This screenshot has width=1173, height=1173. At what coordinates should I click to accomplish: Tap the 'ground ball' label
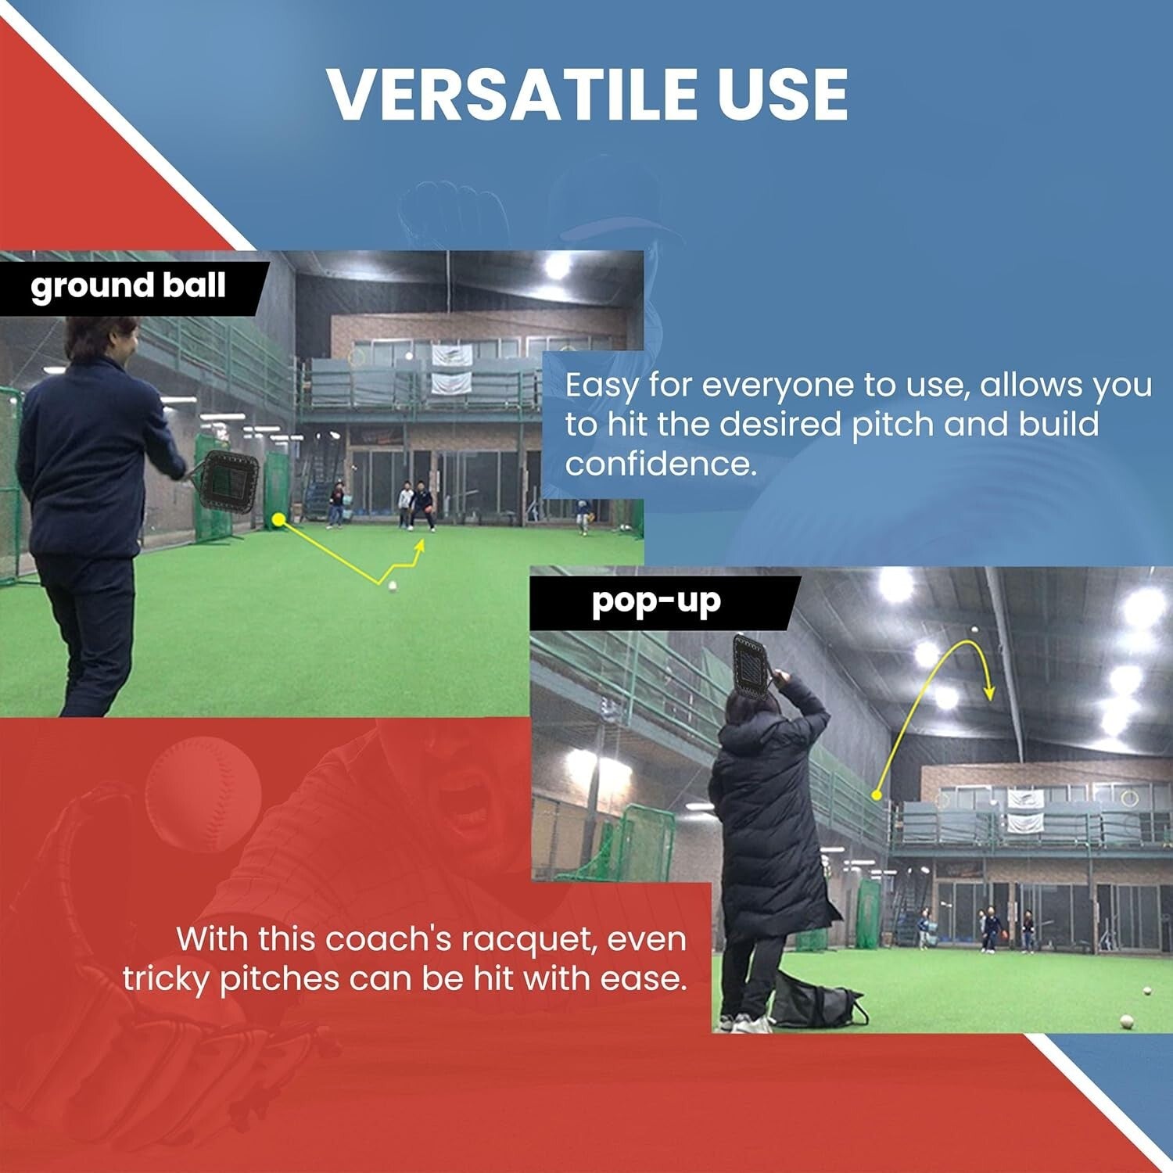pos(128,286)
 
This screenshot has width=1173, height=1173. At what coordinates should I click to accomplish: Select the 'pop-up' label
pos(655,601)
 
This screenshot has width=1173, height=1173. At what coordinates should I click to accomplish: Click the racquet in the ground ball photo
pos(231,483)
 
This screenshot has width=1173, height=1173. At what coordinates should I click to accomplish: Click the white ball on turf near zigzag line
pos(393,585)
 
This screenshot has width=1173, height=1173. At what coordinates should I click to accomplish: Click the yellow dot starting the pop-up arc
pos(877,795)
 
